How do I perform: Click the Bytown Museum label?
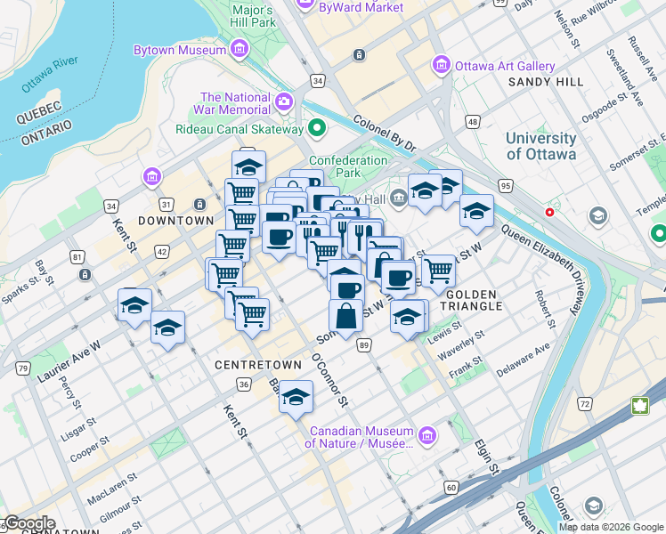[179, 51]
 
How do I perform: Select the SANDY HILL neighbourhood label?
[546, 82]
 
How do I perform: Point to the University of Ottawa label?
[541, 146]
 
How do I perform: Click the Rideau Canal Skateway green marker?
[316, 129]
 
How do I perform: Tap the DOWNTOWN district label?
[175, 220]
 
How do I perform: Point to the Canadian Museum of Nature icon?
[427, 435]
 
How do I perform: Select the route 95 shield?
[505, 185]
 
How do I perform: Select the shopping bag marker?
[345, 316]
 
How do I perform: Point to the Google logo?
[29, 523]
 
